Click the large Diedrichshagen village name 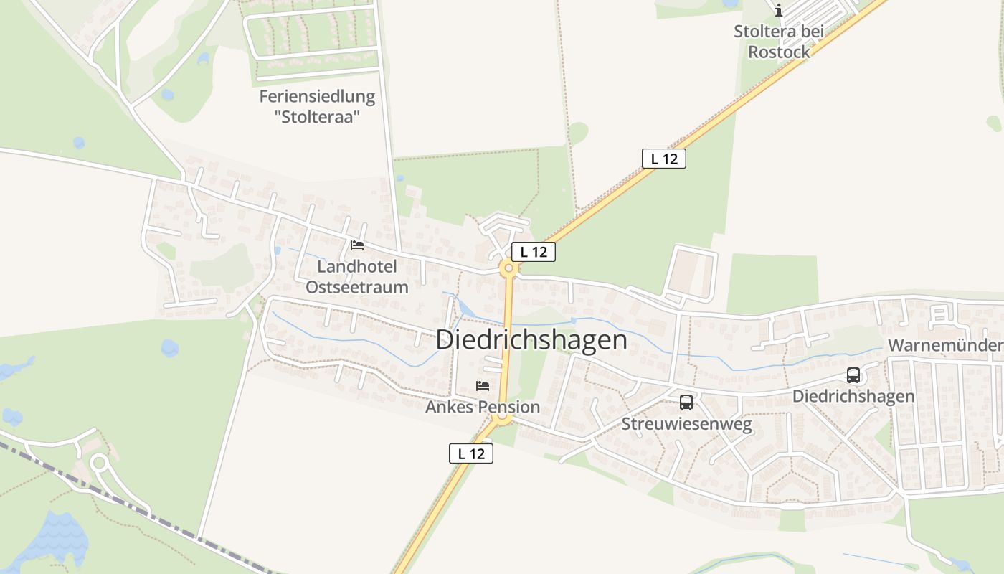[531, 340]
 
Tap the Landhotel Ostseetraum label [357, 277]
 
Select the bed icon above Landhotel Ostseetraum [356, 245]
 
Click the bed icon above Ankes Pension [483, 386]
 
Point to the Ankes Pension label [483, 408]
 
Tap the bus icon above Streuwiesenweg [686, 403]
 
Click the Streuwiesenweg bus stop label [686, 425]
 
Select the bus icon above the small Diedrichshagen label [853, 375]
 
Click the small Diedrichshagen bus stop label [853, 397]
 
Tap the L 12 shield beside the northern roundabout [534, 252]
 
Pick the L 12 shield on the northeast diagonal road [663, 159]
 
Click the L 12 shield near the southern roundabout [471, 453]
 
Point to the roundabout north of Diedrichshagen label [509, 269]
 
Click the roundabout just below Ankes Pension [503, 418]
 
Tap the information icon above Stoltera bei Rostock [779, 10]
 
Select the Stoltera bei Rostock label [779, 42]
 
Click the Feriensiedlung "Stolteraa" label [316, 106]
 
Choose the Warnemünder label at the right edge [945, 346]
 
